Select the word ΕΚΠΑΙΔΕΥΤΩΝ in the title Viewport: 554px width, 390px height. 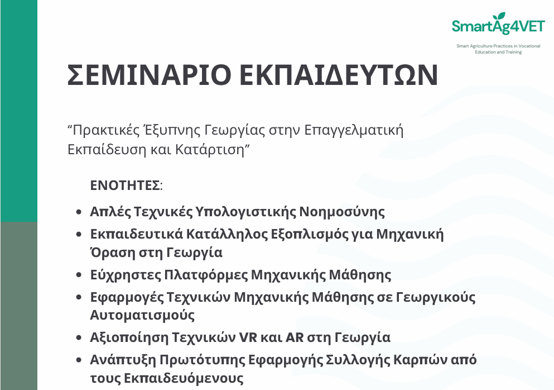coord(339,75)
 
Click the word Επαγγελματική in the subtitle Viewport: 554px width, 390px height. coord(353,130)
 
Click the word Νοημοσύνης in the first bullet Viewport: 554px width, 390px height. coord(342,212)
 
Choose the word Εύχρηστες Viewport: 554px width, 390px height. coord(126,275)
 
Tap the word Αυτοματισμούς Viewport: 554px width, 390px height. coord(142,315)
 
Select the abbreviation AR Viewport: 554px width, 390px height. coord(295,337)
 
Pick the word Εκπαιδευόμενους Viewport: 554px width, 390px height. coord(184,378)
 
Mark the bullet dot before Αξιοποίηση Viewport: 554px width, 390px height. coord(79,337)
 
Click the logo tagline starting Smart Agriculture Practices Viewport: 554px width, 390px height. coord(498,49)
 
